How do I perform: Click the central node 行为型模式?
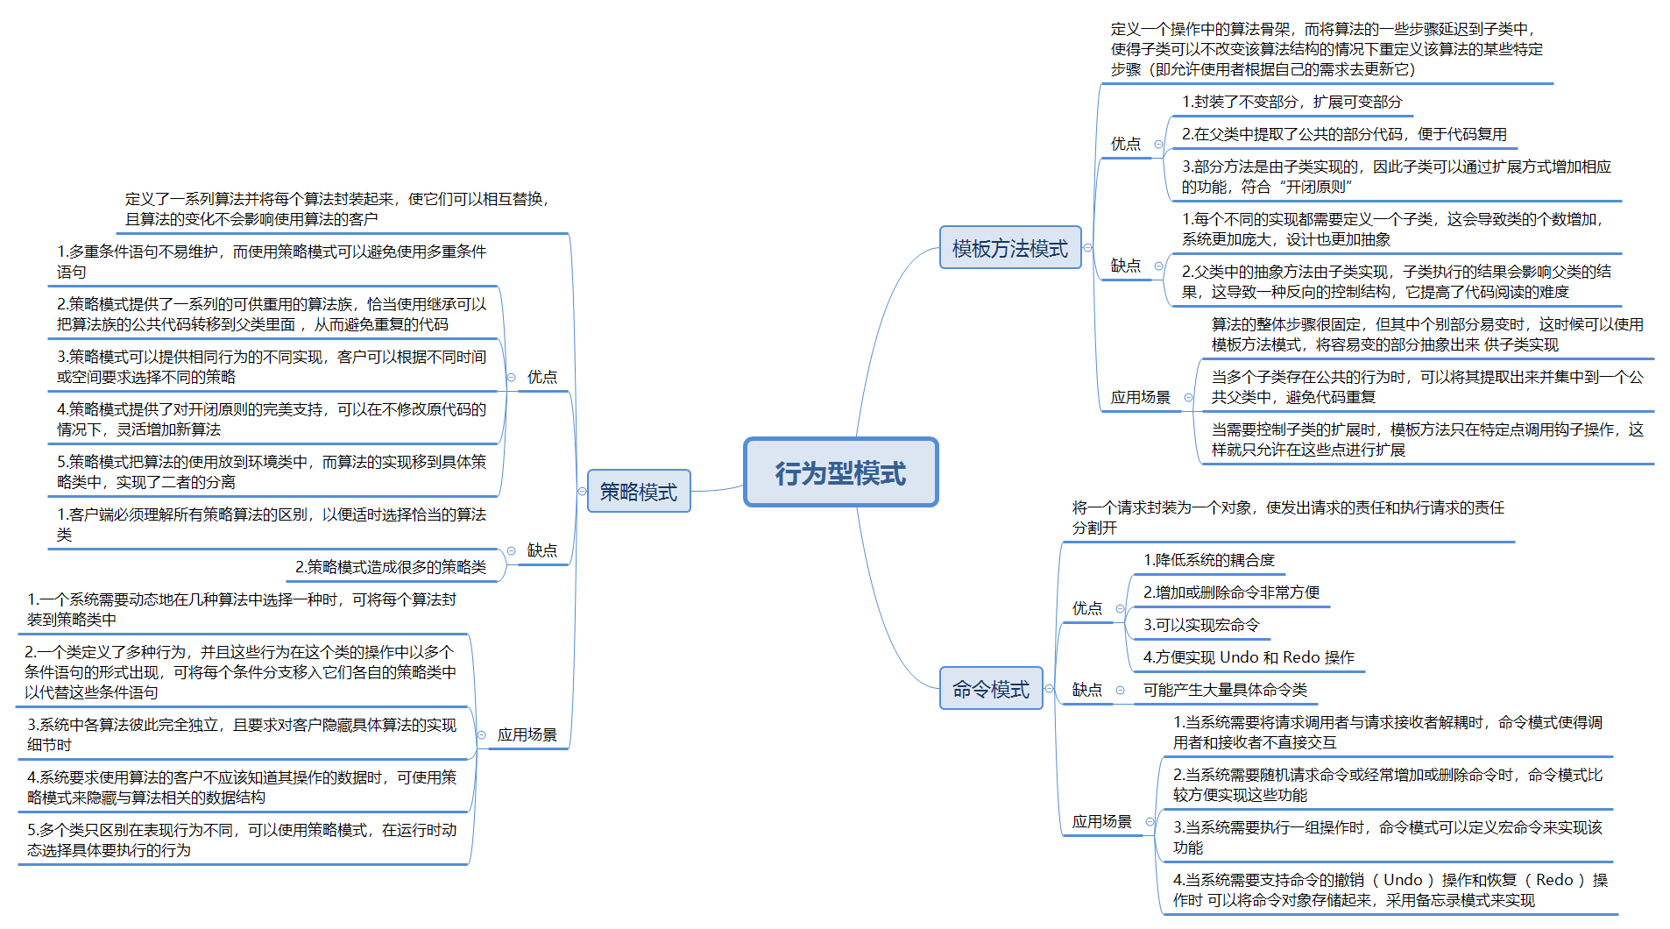coord(840,472)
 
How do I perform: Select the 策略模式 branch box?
coord(638,492)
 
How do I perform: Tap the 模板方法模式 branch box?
coord(1009,248)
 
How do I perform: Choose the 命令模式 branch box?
coord(990,689)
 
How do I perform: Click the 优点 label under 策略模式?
coord(541,377)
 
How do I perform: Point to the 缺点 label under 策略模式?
coord(541,550)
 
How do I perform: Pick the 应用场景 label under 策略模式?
coord(527,734)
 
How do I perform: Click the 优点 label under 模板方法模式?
coord(1126,144)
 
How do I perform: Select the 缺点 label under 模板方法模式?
coord(1126,266)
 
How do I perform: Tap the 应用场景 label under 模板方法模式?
coord(1140,397)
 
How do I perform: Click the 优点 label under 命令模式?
coord(1087,608)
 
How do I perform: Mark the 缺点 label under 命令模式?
coord(1087,690)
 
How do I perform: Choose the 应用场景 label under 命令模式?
coord(1101,821)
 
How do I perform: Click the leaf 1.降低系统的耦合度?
coord(1208,560)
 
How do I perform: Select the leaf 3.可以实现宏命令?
coord(1200,625)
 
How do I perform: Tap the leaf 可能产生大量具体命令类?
coord(1224,690)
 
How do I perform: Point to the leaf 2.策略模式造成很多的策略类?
coord(390,567)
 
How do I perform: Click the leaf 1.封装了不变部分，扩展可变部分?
coord(1291,102)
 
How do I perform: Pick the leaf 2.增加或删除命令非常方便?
coord(1231,592)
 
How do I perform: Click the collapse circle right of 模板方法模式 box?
coord(1088,248)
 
